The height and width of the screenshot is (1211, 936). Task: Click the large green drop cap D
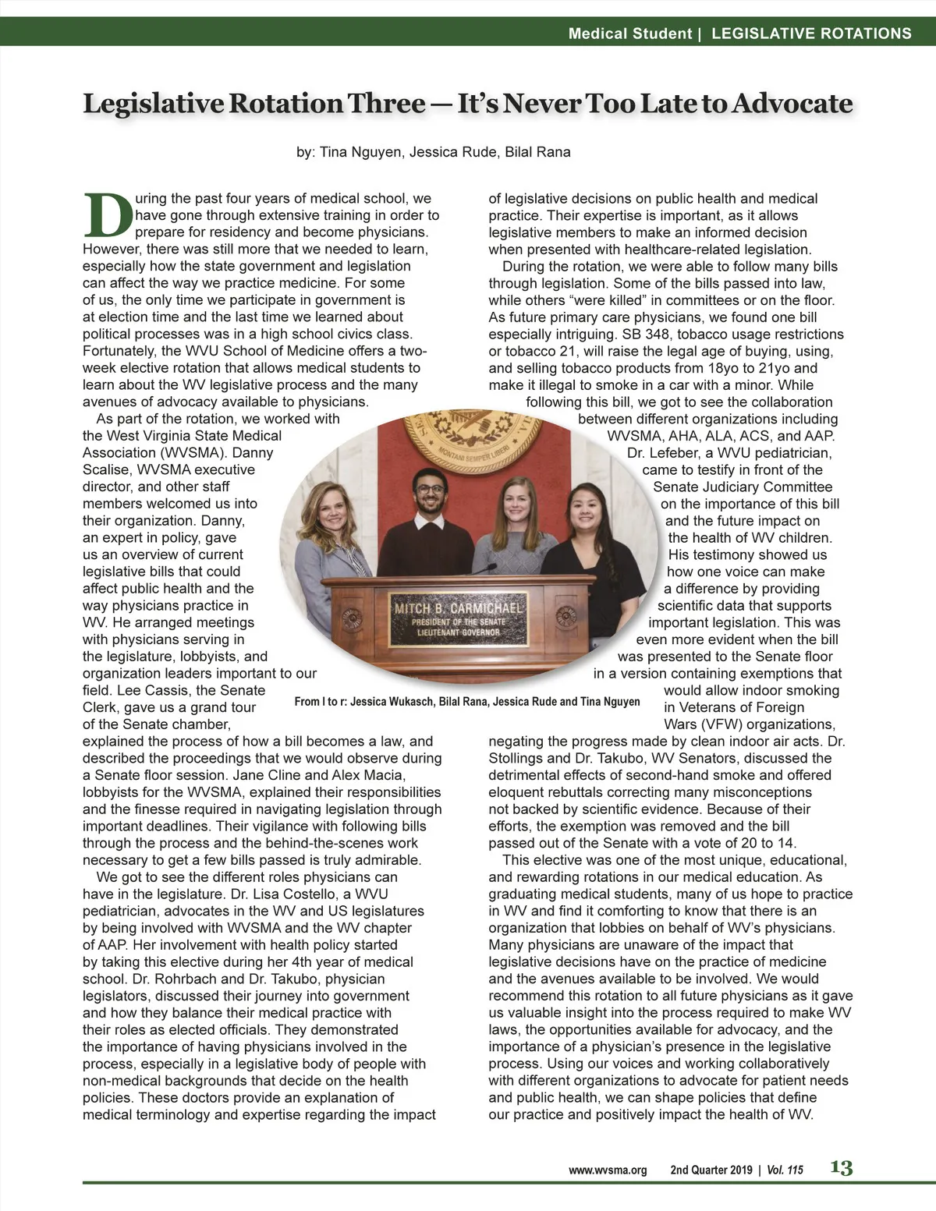[108, 214]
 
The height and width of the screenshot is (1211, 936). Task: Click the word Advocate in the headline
[789, 104]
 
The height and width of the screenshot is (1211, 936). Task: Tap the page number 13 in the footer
[841, 1167]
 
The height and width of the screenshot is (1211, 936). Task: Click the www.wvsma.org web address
[608, 1170]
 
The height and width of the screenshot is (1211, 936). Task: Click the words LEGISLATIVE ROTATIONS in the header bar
[811, 34]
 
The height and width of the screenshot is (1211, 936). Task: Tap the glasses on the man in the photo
[425, 490]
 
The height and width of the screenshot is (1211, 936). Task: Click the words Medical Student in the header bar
[629, 34]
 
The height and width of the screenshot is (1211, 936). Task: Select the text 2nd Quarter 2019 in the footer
[711, 1170]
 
